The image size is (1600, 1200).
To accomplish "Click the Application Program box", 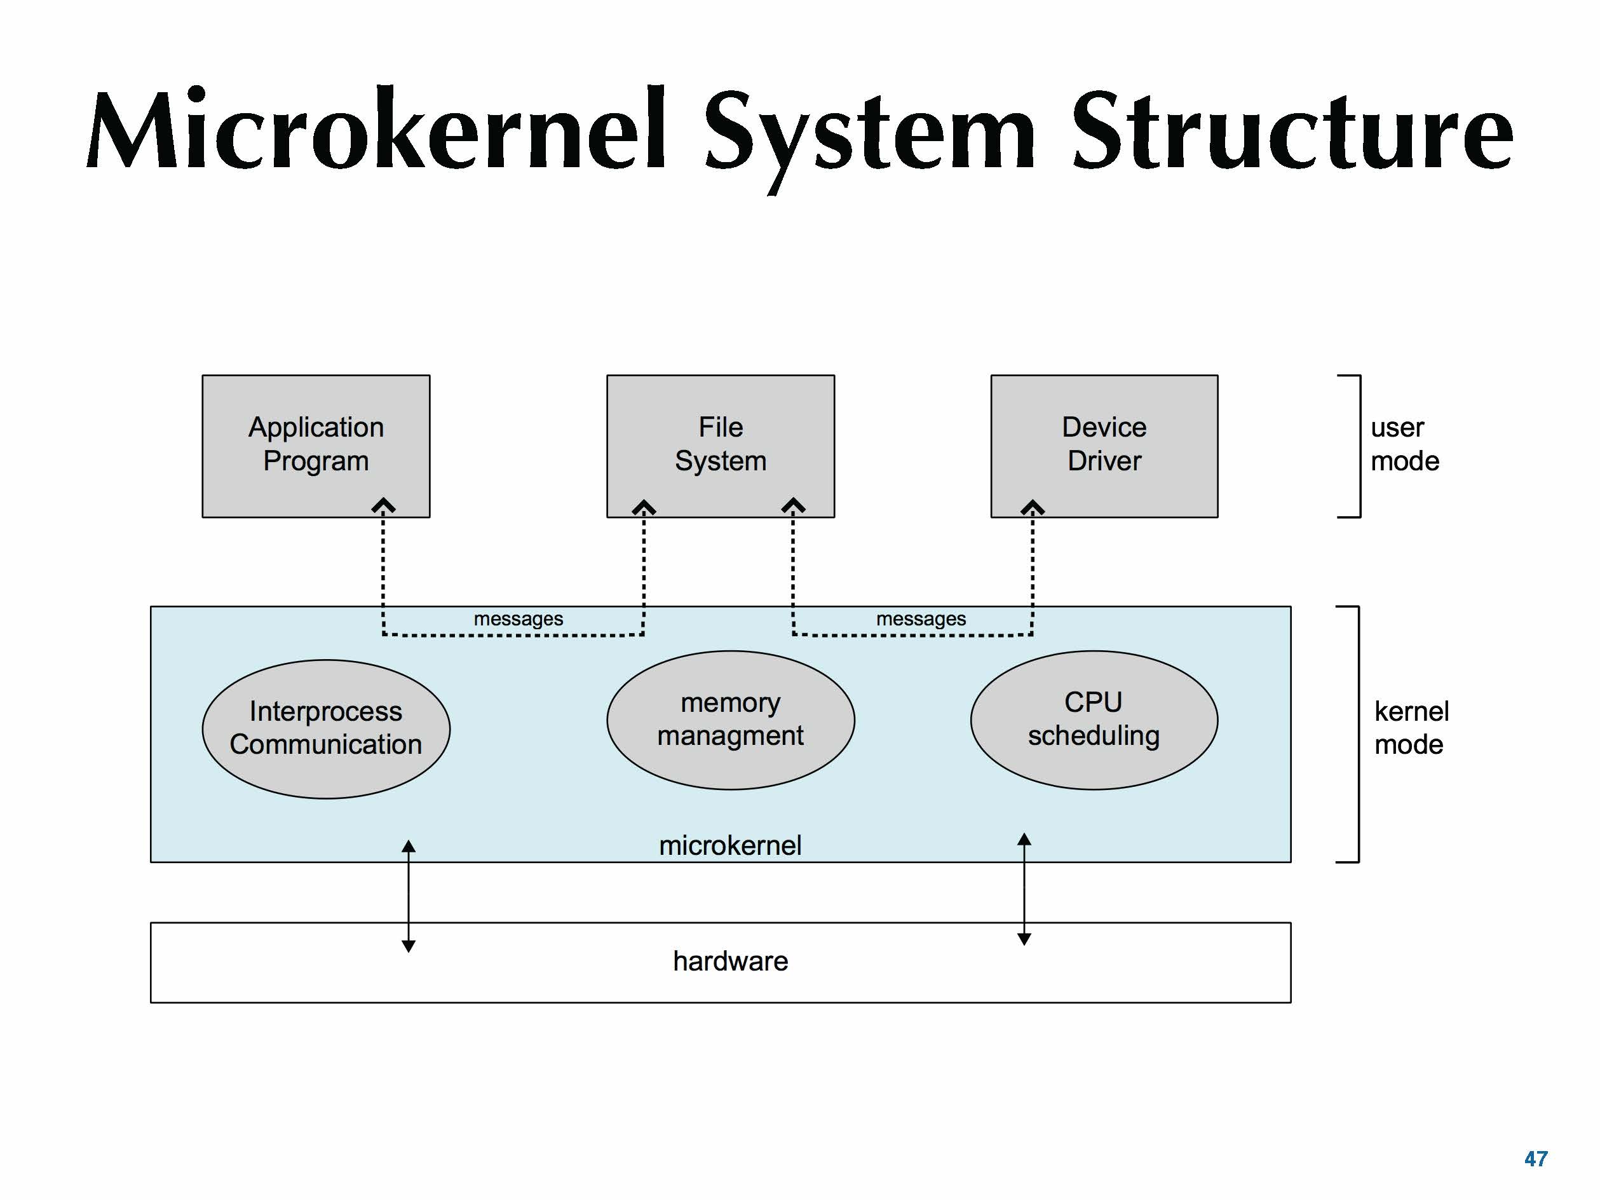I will click(x=316, y=446).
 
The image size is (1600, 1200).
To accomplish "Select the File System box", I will click(x=721, y=446).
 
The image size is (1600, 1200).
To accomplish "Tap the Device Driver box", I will click(x=1104, y=446).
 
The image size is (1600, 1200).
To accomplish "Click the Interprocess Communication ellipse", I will click(x=325, y=728).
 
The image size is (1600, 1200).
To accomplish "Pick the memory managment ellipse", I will click(x=731, y=719).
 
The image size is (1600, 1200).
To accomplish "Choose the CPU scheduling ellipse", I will click(x=1094, y=719).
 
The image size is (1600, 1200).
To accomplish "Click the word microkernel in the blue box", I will click(x=730, y=845).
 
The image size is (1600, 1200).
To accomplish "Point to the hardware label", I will click(x=731, y=961).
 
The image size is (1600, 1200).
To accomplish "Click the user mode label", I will click(x=1404, y=444).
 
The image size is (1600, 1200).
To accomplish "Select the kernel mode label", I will click(x=1411, y=728).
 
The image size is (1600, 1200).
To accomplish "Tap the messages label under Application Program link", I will click(x=518, y=619).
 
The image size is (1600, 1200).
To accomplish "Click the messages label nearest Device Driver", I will click(x=921, y=619).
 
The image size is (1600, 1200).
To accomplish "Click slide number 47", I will click(x=1536, y=1159).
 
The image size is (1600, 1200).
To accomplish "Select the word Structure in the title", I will click(x=1292, y=132).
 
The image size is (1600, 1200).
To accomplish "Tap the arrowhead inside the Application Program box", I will click(x=383, y=505).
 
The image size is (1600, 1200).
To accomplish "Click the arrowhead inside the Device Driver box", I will click(x=1032, y=507).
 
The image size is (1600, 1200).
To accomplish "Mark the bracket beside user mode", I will click(x=1357, y=446).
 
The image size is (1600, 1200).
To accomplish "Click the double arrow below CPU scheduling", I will click(x=1024, y=889).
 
